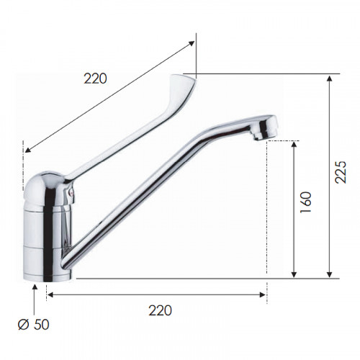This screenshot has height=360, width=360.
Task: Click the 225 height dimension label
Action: click(341, 172)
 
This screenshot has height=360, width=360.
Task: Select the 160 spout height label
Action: click(305, 202)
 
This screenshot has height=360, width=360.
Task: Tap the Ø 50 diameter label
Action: click(34, 325)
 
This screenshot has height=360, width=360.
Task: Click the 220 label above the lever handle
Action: click(95, 78)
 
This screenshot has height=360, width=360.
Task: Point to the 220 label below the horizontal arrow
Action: click(160, 310)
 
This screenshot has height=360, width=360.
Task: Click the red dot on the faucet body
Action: click(71, 192)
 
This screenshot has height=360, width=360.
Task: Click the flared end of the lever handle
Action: click(182, 84)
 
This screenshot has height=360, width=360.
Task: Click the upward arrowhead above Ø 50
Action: click(35, 287)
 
